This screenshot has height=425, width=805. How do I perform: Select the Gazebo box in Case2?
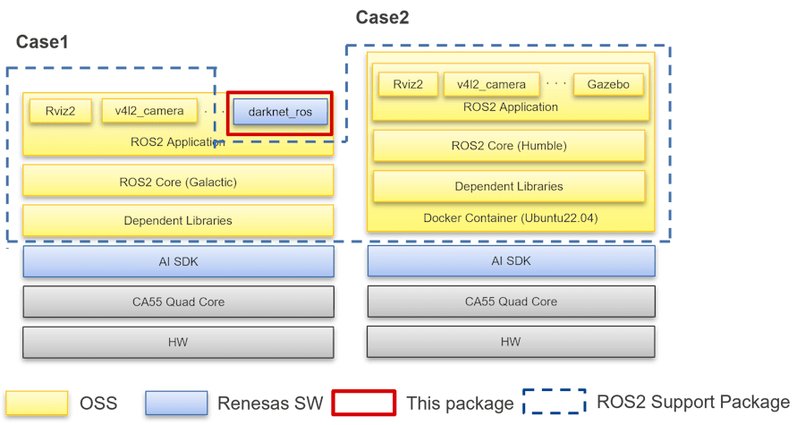click(x=608, y=85)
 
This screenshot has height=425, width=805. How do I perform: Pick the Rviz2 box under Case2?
click(x=408, y=85)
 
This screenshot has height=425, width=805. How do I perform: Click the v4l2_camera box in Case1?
click(x=149, y=111)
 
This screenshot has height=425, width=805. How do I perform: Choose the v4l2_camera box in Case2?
click(x=491, y=85)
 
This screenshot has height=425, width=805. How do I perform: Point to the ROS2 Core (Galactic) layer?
click(x=178, y=181)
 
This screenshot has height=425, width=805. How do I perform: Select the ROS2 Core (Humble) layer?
click(x=509, y=146)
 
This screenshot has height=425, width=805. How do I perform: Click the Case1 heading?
click(x=42, y=42)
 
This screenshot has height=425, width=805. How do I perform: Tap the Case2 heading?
click(x=382, y=18)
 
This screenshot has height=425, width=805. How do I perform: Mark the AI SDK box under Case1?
click(x=178, y=261)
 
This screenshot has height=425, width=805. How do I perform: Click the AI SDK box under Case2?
click(x=511, y=261)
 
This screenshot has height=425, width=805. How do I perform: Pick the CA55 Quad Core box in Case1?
click(x=178, y=302)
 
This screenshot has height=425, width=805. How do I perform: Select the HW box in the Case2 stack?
click(x=511, y=342)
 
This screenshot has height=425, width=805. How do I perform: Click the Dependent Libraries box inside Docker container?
click(x=509, y=186)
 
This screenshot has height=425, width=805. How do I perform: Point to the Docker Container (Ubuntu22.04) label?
click(x=509, y=218)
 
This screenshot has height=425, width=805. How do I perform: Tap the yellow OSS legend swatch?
click(x=38, y=403)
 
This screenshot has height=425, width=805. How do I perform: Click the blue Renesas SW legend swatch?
click(x=177, y=403)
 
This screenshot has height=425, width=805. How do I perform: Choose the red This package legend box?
click(x=364, y=403)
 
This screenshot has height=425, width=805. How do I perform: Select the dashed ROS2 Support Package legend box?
click(x=555, y=402)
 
